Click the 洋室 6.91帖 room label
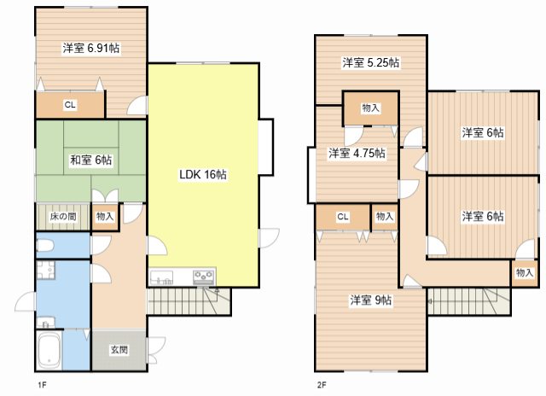coord(91,48)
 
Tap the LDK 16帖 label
coord(203,174)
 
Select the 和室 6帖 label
coord(91,160)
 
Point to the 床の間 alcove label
coord(63,216)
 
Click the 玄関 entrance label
coord(119,349)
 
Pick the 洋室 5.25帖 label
coord(371,62)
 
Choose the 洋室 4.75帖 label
coord(357,153)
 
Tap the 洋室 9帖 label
coord(371,300)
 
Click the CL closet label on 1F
coord(70,104)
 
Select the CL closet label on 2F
coord(343,217)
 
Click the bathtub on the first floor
coord(49,351)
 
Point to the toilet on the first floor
coord(45,246)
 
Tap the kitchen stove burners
coord(204,277)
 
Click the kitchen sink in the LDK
coord(161,277)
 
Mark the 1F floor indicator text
coord(42,385)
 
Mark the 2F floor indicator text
coord(322,385)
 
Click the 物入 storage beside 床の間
coord(105,216)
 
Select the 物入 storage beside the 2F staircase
coord(525,272)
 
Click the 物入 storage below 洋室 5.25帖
coord(370,108)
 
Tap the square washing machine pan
coord(45,270)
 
